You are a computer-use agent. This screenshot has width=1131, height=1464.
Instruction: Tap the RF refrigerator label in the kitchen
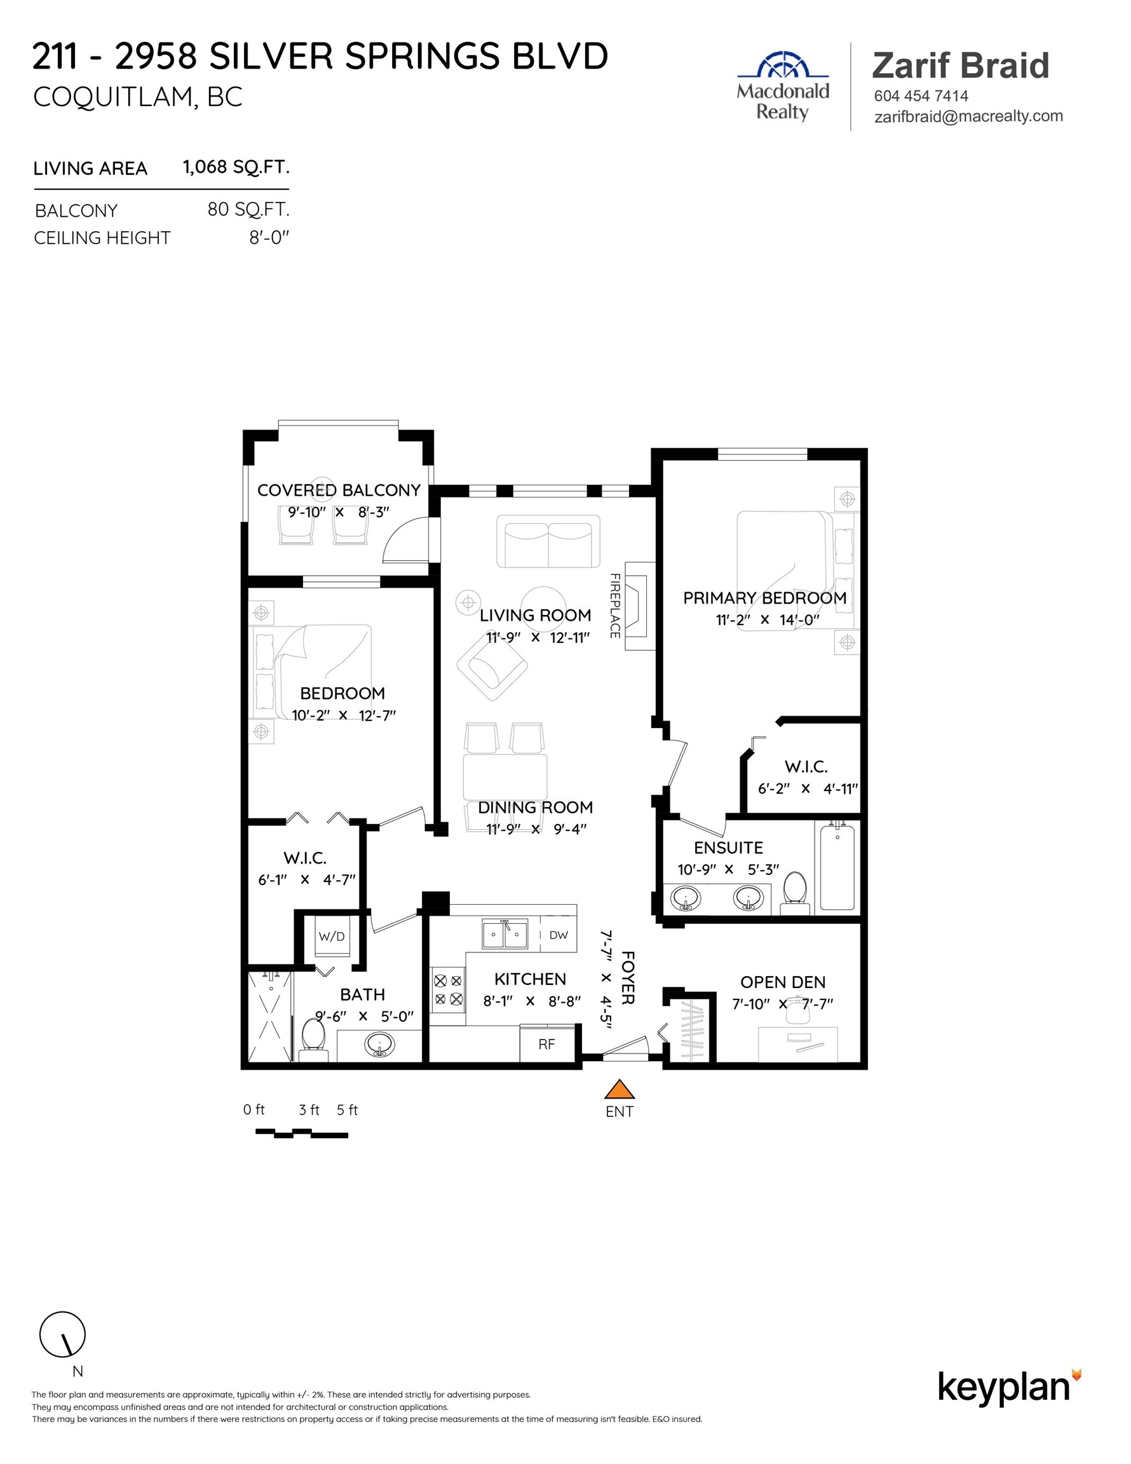coord(546,1045)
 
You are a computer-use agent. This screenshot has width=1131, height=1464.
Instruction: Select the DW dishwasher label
coord(558,935)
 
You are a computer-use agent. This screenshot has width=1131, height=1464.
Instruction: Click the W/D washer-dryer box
coord(332,937)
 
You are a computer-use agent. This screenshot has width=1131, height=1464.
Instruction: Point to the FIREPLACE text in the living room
coord(614,606)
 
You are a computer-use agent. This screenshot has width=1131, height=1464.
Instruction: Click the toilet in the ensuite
coord(795,892)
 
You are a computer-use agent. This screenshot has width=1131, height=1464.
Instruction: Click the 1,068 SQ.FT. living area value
coord(236,167)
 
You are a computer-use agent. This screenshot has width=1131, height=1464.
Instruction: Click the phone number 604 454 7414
coord(921,96)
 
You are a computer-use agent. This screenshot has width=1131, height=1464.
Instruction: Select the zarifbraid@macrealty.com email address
coord(968,116)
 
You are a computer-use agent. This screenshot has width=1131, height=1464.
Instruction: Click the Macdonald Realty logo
coord(783,87)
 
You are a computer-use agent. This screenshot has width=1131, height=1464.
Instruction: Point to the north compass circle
coord(62,1334)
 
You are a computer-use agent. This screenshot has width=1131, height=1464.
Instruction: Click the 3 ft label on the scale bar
coord(309,1110)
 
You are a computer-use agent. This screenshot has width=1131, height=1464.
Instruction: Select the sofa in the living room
coord(548,541)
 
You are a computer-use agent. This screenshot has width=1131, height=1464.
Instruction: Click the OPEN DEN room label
coord(782,982)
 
